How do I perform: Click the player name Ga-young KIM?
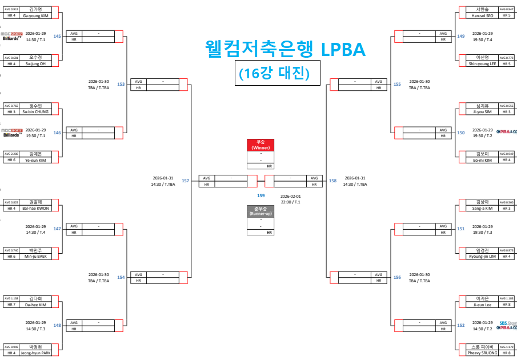pos(35,15)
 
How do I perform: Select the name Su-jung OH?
pos(35,63)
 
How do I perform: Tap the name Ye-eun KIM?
pos(35,160)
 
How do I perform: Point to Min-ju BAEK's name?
pos(35,257)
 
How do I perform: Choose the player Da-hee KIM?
pos(35,305)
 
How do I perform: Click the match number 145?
pos(57,36)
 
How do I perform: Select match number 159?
pos(260,195)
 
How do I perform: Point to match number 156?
pos(397,277)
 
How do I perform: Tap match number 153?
pos(121,84)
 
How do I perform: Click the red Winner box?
pos(260,145)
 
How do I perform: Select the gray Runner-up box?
pos(260,211)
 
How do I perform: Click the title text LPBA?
pos(342,50)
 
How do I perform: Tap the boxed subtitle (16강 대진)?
pos(274,74)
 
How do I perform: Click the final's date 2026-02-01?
pos(290,196)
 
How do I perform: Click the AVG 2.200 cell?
pos(12,154)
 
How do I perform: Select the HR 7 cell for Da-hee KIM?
pos(11,305)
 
